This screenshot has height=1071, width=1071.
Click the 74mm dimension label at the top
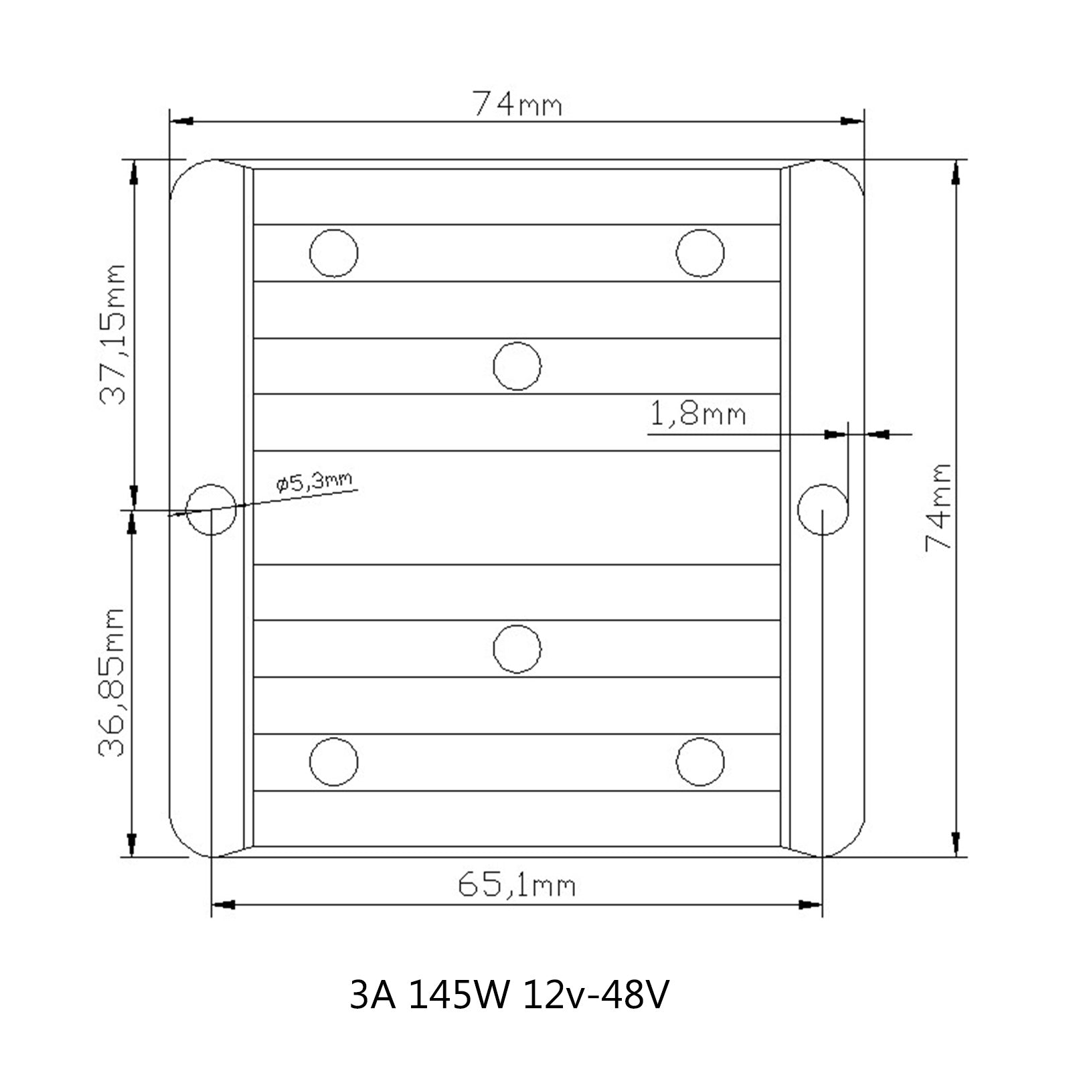[517, 104]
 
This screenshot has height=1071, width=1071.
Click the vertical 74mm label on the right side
[938, 507]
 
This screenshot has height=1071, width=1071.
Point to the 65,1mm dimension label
[516, 885]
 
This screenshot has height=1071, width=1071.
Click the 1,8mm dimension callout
[697, 414]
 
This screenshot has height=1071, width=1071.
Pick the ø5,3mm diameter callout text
[313, 481]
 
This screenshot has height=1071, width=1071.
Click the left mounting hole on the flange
[212, 509]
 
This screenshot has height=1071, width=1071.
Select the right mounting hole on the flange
[823, 509]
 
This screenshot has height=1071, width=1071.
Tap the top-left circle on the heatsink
[333, 253]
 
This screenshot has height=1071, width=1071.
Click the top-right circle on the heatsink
[700, 253]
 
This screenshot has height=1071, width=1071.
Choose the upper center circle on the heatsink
[517, 366]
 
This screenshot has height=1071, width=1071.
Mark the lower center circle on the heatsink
[517, 649]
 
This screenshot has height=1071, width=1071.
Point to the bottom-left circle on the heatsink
[333, 762]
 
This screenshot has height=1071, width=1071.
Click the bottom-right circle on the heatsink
[700, 762]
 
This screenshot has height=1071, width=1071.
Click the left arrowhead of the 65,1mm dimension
[224, 905]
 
